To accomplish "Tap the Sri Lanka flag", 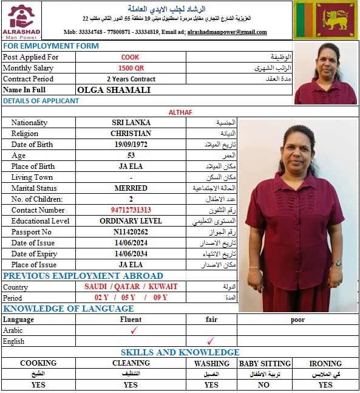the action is pyautogui.click(x=326, y=20).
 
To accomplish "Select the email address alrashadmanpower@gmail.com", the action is pyautogui.click(x=227, y=32).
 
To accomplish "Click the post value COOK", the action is pyautogui.click(x=130, y=57).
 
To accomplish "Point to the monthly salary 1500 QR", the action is pyautogui.click(x=131, y=68).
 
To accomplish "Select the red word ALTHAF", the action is pyautogui.click(x=180, y=112).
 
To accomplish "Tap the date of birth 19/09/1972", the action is pyautogui.click(x=131, y=145).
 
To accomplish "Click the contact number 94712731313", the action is pyautogui.click(x=131, y=210).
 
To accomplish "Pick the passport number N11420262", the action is pyautogui.click(x=131, y=232).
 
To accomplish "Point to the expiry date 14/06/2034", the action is pyautogui.click(x=131, y=254).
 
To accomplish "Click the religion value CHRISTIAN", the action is pyautogui.click(x=131, y=134).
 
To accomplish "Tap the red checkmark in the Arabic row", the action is pyautogui.click(x=134, y=330).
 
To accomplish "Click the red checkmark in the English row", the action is pyautogui.click(x=211, y=341).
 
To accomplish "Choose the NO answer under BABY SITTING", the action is pyautogui.click(x=264, y=384).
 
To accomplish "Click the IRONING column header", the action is pyautogui.click(x=325, y=363).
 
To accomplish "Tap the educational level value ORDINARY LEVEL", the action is pyautogui.click(x=131, y=221).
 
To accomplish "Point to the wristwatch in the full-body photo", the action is pyautogui.click(x=338, y=264).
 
